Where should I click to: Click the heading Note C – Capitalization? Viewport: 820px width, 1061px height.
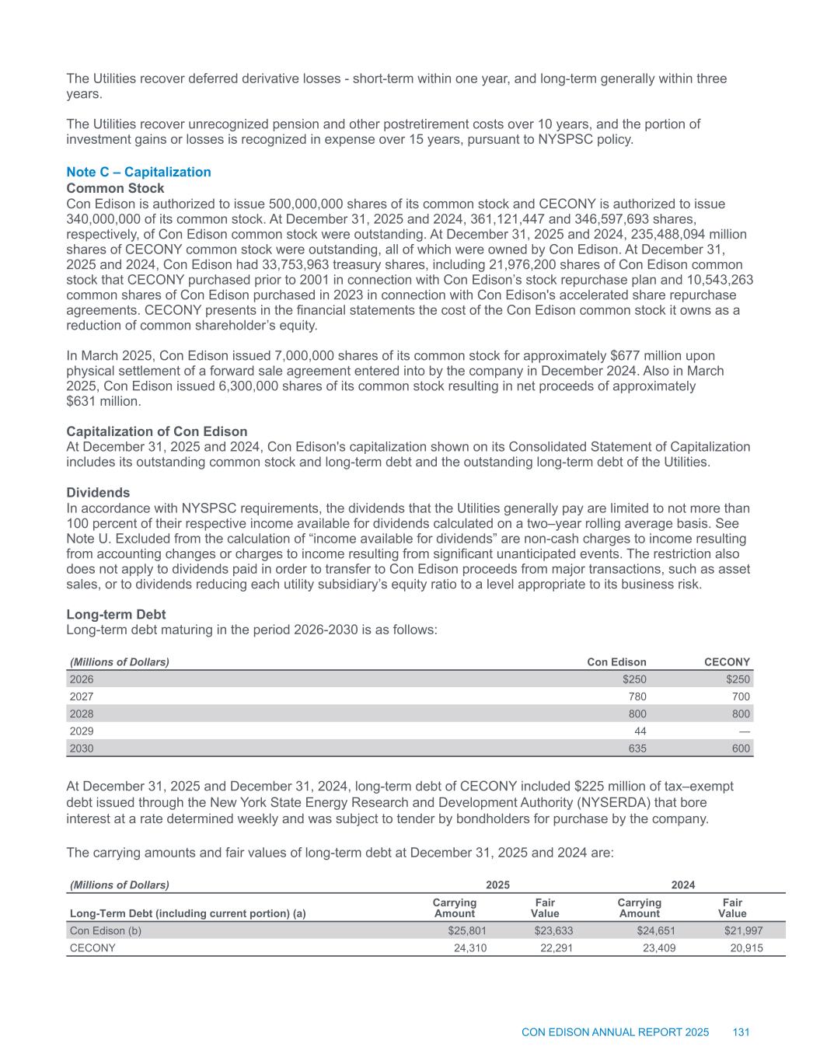click(138, 172)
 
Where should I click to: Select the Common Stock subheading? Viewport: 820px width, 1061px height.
click(115, 188)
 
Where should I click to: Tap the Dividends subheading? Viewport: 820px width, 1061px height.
click(98, 493)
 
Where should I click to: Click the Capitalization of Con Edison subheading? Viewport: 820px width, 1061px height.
click(157, 431)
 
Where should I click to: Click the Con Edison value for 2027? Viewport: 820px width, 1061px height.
click(636, 696)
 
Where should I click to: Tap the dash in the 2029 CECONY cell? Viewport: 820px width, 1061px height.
click(744, 731)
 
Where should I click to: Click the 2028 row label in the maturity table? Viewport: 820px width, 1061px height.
click(82, 714)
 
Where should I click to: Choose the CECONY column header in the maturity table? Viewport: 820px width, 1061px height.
click(727, 662)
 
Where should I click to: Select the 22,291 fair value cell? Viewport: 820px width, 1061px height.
click(556, 948)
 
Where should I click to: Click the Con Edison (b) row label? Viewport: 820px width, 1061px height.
click(106, 930)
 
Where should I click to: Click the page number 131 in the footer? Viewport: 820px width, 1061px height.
click(741, 1032)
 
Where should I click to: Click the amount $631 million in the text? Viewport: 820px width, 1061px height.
click(103, 401)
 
